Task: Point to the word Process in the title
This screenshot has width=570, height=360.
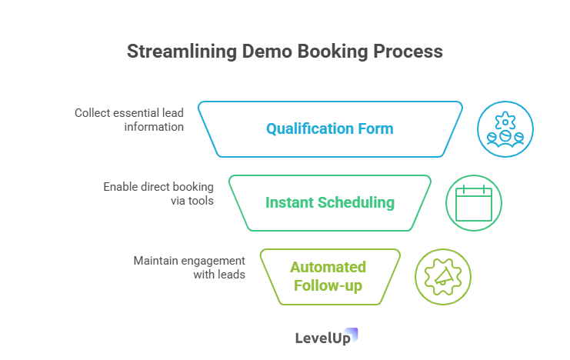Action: [408, 52]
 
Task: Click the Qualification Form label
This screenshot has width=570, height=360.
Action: [329, 129]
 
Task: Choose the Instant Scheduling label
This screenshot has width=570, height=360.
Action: [329, 203]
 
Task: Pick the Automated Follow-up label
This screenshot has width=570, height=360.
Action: [328, 276]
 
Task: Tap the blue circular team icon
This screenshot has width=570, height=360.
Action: [505, 129]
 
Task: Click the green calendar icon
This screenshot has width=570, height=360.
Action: [474, 203]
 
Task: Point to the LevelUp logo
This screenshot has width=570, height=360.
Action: [327, 337]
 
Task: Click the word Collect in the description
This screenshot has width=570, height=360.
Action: [92, 113]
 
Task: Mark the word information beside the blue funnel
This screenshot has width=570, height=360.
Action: [154, 126]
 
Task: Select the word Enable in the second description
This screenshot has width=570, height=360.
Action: [119, 187]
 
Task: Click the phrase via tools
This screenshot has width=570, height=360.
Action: [192, 200]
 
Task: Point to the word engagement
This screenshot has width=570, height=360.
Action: [213, 261]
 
